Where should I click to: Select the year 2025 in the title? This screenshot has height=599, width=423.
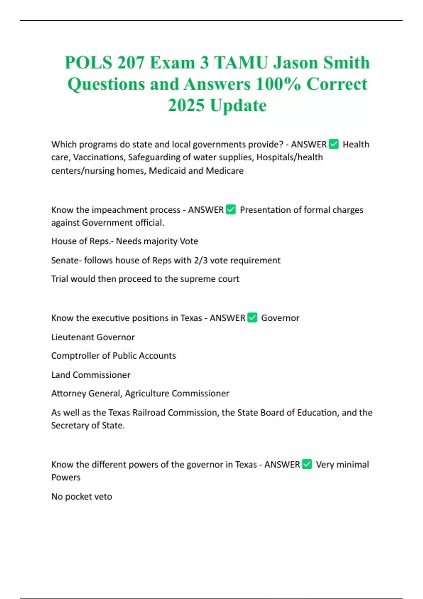(x=186, y=105)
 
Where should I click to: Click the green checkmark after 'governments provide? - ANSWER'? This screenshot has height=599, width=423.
(x=333, y=144)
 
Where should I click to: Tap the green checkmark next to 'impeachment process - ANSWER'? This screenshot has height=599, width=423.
(x=231, y=210)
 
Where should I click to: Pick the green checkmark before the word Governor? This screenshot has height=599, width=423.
(x=252, y=317)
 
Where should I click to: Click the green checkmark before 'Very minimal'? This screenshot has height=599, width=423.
(x=307, y=464)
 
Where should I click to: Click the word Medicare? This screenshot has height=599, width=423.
(x=225, y=171)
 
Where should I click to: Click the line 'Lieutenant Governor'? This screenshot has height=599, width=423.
(x=93, y=337)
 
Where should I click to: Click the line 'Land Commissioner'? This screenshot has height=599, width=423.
(x=91, y=375)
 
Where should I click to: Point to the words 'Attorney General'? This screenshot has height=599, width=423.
(x=86, y=393)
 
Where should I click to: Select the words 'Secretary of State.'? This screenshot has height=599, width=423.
(x=88, y=425)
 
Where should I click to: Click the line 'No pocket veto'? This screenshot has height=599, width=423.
(x=81, y=496)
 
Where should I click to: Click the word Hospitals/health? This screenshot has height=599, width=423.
(x=289, y=157)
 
